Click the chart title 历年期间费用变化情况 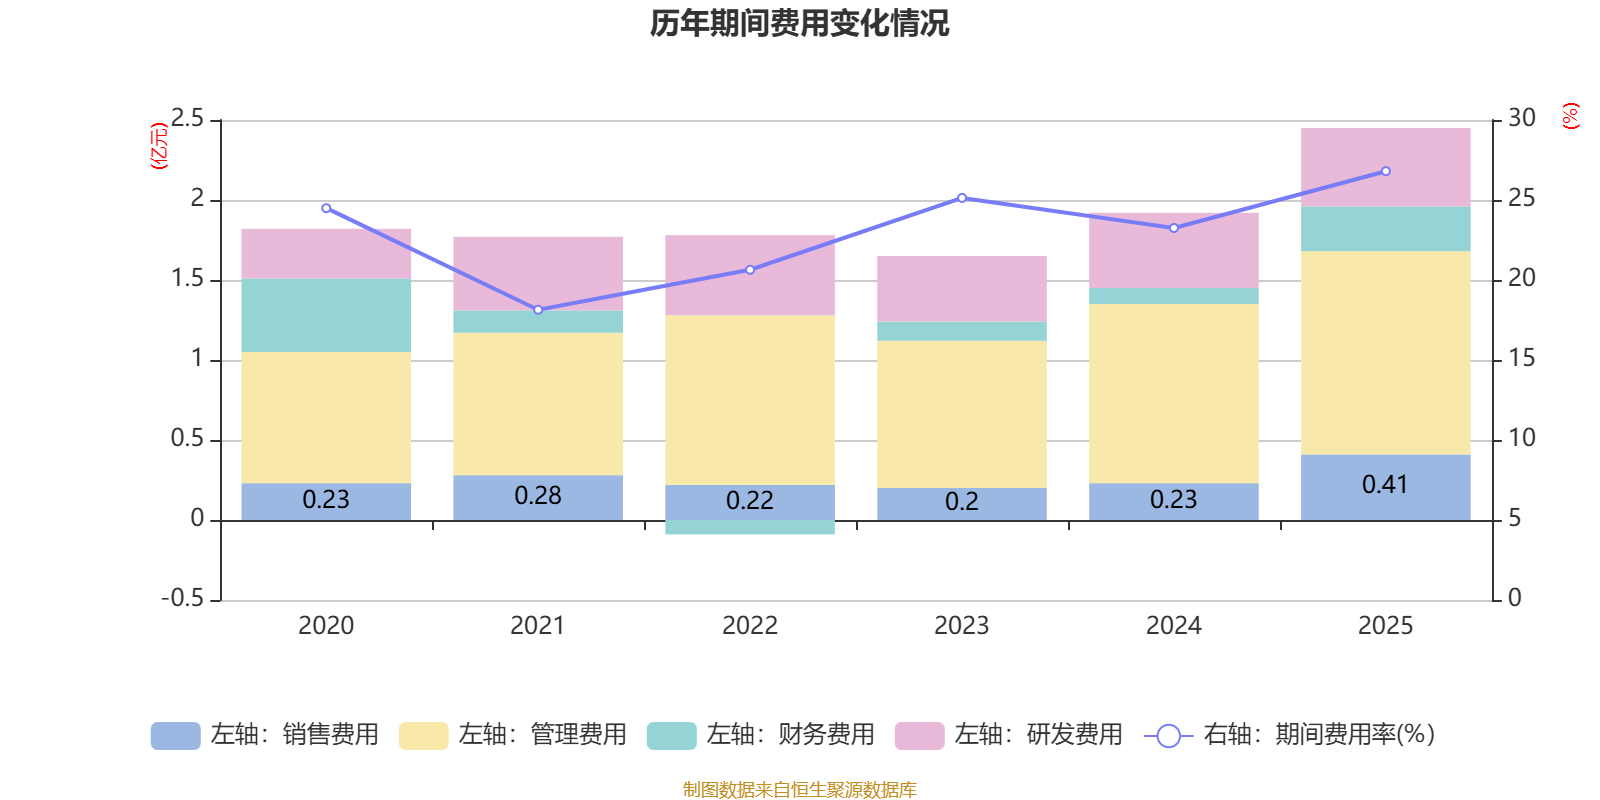coord(799,23)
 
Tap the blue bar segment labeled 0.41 coord(1385,486)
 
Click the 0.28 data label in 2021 coord(538,495)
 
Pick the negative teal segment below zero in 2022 coord(750,527)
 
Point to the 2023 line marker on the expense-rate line coord(962,198)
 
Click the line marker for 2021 coord(538,310)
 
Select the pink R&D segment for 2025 coord(1385,167)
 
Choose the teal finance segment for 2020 coord(326,315)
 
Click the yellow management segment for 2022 coord(750,400)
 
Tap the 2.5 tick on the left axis coord(187,119)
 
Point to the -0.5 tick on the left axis coord(183,598)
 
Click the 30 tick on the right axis coord(1522,119)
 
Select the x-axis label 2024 coord(1173,626)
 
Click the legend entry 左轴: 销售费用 coord(265,735)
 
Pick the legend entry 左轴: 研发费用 coord(1009,735)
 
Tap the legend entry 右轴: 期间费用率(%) coord(1290,735)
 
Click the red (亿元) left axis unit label coord(158,146)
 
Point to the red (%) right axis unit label coord(1571,116)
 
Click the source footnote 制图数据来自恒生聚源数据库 coord(799,790)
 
